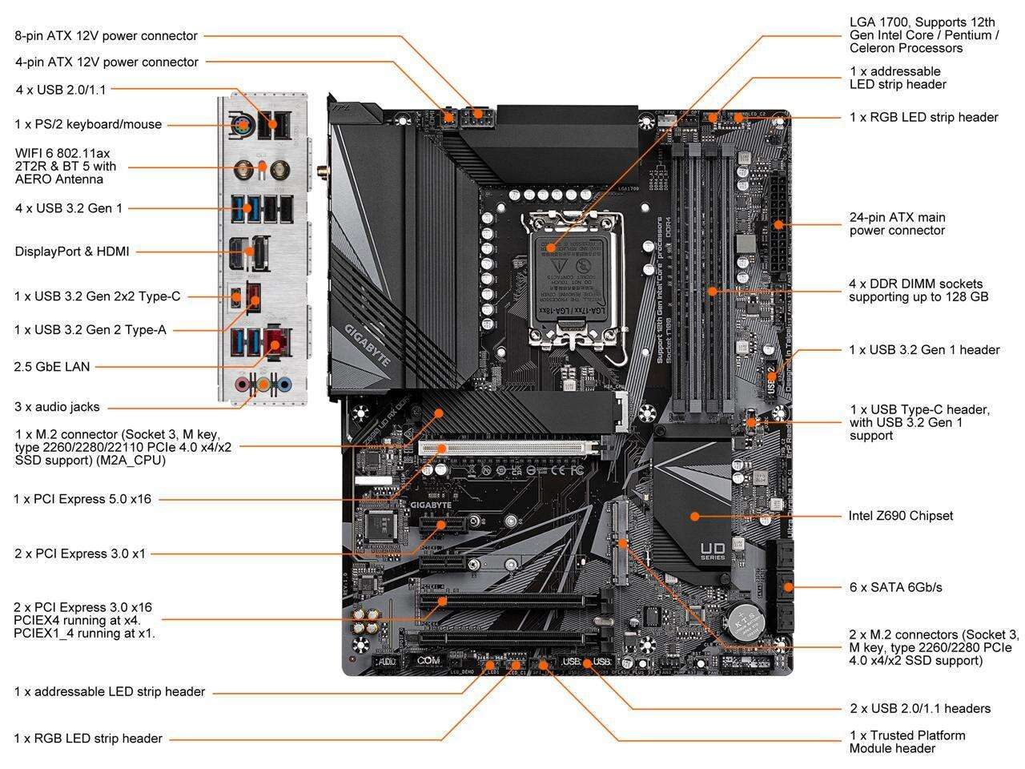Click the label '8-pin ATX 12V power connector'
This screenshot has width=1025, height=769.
pyautogui.click(x=106, y=36)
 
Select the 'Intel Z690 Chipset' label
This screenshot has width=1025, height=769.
pyautogui.click(x=900, y=516)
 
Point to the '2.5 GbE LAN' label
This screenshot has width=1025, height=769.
pyautogui.click(x=52, y=367)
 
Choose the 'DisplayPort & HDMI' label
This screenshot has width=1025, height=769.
pyautogui.click(x=72, y=252)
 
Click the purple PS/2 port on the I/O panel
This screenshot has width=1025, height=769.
pyautogui.click(x=243, y=124)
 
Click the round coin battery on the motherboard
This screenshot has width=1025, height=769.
pyautogui.click(x=744, y=622)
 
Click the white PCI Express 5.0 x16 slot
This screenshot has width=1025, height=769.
pyautogui.click(x=508, y=446)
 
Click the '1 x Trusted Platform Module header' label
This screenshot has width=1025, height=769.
pyautogui.click(x=906, y=742)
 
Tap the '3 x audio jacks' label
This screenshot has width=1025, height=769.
pyautogui.click(x=57, y=407)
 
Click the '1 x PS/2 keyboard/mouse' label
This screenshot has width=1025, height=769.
pyautogui.click(x=88, y=124)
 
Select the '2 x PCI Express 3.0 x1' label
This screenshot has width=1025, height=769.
pyautogui.click(x=81, y=554)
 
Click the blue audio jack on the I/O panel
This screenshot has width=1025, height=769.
pyautogui.click(x=283, y=384)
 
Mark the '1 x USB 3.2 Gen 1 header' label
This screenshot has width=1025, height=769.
pyautogui.click(x=924, y=350)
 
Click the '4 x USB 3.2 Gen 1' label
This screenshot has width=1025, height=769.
pyautogui.click(x=69, y=208)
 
